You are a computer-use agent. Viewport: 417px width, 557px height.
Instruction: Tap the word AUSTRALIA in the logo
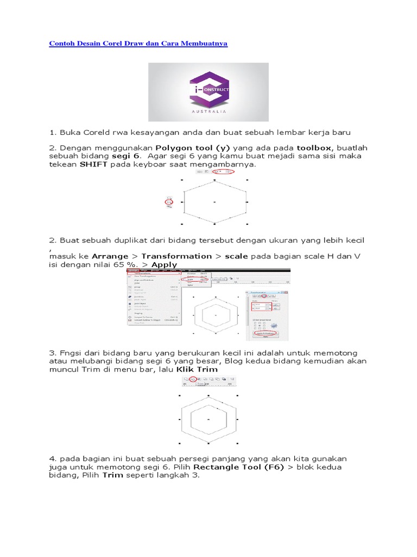coord(208,113)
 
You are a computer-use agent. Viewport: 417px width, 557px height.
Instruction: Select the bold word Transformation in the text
coord(169,256)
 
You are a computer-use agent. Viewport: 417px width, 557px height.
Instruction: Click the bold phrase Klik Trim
coord(196,369)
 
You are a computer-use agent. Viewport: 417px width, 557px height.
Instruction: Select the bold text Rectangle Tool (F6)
coord(239,467)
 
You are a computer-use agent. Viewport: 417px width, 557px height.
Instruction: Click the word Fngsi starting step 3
coord(72,353)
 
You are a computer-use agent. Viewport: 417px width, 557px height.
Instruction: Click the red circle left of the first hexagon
coord(169,203)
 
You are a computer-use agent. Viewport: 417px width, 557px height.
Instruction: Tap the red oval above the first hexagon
coord(220,171)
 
